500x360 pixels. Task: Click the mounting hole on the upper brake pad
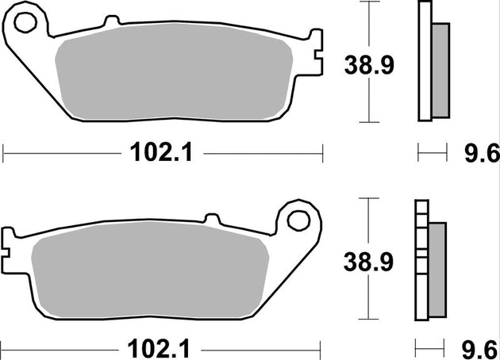tap(26, 22)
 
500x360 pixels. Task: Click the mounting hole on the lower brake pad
tap(299, 217)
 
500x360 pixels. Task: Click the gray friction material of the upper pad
tap(179, 79)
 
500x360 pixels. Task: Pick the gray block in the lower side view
tap(437, 266)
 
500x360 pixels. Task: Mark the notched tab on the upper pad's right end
tap(317, 56)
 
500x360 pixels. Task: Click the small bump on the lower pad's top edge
tap(212, 216)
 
